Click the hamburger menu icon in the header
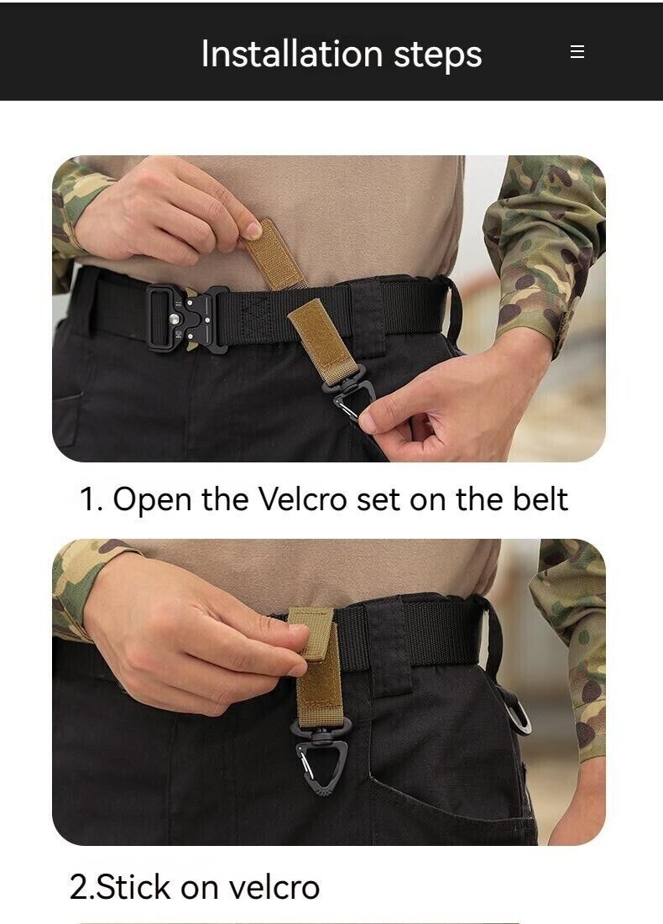coord(577,51)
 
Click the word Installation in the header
coord(292,54)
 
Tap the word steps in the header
coord(438,56)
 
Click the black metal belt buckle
coord(187,319)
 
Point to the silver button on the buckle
coord(175,319)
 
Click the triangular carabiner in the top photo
coord(352,397)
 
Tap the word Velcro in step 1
coord(302,499)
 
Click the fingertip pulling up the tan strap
coord(253,229)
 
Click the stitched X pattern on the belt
coord(256,318)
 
